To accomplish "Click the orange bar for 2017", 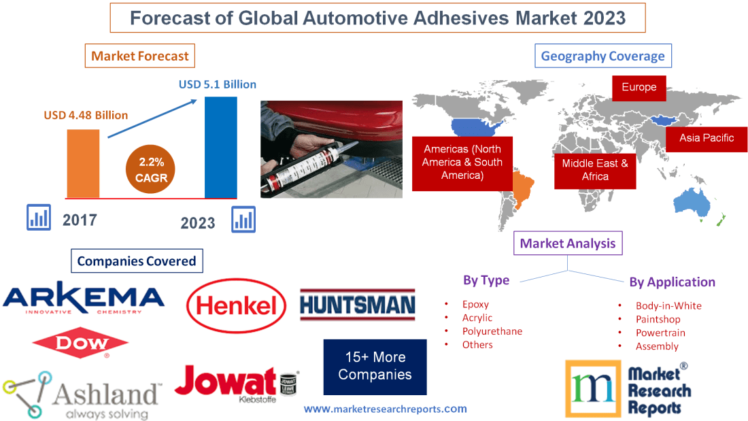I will [x=83, y=163].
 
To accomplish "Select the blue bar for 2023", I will [x=221, y=147].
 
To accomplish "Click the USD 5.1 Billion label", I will [x=218, y=84].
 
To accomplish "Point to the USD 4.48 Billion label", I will [x=86, y=115].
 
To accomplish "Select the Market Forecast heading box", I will [x=140, y=56].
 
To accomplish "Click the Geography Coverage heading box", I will [x=603, y=56].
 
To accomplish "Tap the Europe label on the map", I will [x=639, y=87].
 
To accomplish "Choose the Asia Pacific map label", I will [x=707, y=137].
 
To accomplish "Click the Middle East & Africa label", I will [x=595, y=169].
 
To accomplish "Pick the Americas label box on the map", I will [x=462, y=162].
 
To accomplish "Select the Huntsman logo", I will [x=358, y=304].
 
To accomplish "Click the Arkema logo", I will [x=84, y=298].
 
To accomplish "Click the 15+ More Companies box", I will [x=375, y=366].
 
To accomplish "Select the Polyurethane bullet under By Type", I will [x=492, y=331].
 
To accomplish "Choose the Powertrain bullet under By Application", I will [x=660, y=333].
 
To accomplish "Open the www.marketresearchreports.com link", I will [x=385, y=409].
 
